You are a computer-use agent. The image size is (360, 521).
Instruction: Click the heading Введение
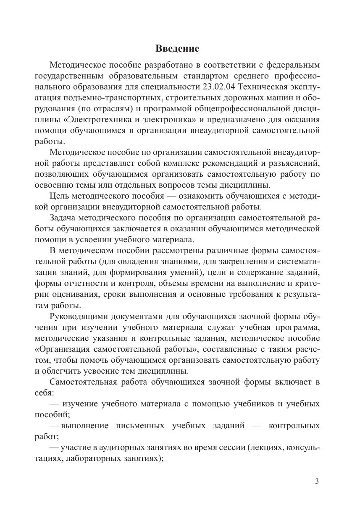pyautogui.click(x=177, y=48)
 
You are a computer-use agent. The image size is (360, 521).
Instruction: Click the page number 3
pyautogui.click(x=317, y=481)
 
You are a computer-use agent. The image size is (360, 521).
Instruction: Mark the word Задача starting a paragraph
pyautogui.click(x=64, y=218)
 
